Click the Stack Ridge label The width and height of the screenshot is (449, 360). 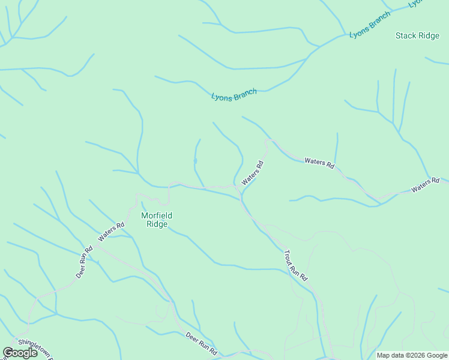[417, 36]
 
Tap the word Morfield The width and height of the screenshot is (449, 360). [156, 215]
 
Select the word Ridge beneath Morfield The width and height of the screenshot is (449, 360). [157, 224]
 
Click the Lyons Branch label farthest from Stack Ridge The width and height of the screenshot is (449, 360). [234, 95]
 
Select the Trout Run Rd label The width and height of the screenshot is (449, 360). [295, 265]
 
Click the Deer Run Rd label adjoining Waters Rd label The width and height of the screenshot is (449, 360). [85, 262]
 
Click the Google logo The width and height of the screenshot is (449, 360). [20, 353]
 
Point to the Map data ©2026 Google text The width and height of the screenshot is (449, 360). [412, 355]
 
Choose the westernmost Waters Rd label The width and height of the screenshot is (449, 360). [111, 232]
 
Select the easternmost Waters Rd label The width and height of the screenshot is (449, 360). [426, 185]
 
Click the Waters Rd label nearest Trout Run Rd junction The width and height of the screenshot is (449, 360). [253, 173]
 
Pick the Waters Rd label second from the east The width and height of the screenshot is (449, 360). [319, 162]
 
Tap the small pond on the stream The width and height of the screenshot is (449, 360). [195, 161]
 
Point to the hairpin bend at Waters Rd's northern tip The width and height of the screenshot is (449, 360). [268, 141]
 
